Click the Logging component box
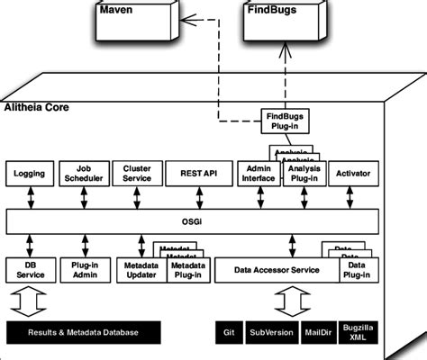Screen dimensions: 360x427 pos(29,172)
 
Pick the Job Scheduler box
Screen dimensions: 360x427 pos(84,172)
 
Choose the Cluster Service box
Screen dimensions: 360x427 pos(137,172)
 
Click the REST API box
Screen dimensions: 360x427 pos(194,172)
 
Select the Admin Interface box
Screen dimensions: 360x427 pos(257,172)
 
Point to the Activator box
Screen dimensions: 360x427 pos(352,172)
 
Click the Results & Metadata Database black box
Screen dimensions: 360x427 pos(82,332)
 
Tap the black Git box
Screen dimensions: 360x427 pos(228,332)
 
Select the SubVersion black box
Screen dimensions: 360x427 pos(271,332)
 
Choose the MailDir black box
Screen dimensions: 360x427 pos(318,332)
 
